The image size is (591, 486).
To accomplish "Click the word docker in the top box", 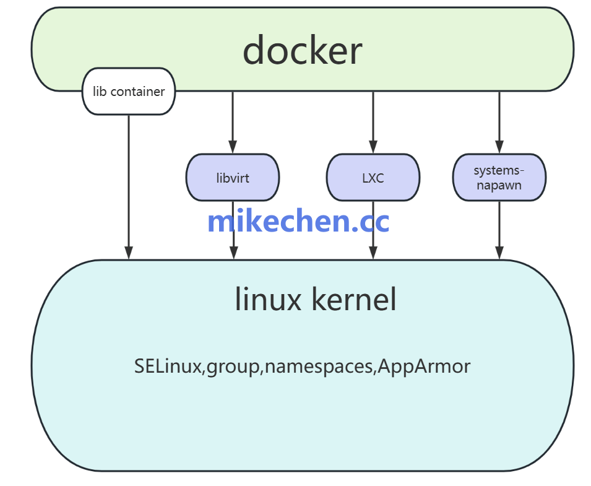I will pos(302,51).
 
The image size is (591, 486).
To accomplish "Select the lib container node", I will pos(129,92).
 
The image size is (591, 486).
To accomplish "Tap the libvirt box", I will pos(233,178).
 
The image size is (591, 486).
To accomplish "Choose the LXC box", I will pos(373,178).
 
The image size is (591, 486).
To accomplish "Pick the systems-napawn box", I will pos(499,178).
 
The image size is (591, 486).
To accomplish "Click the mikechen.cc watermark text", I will pos(298,221).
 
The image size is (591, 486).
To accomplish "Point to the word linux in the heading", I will pos(268,300).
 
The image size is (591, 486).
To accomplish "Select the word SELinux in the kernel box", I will pos(168,366).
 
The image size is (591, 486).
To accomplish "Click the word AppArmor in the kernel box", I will pos(424,366).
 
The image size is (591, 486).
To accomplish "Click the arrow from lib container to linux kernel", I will pos(129,186).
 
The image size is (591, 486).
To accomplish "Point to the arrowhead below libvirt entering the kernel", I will pos(233,253).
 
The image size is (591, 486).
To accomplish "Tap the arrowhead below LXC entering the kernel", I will pos(373,253).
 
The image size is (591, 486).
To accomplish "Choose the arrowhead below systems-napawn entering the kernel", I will pos(499,253).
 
